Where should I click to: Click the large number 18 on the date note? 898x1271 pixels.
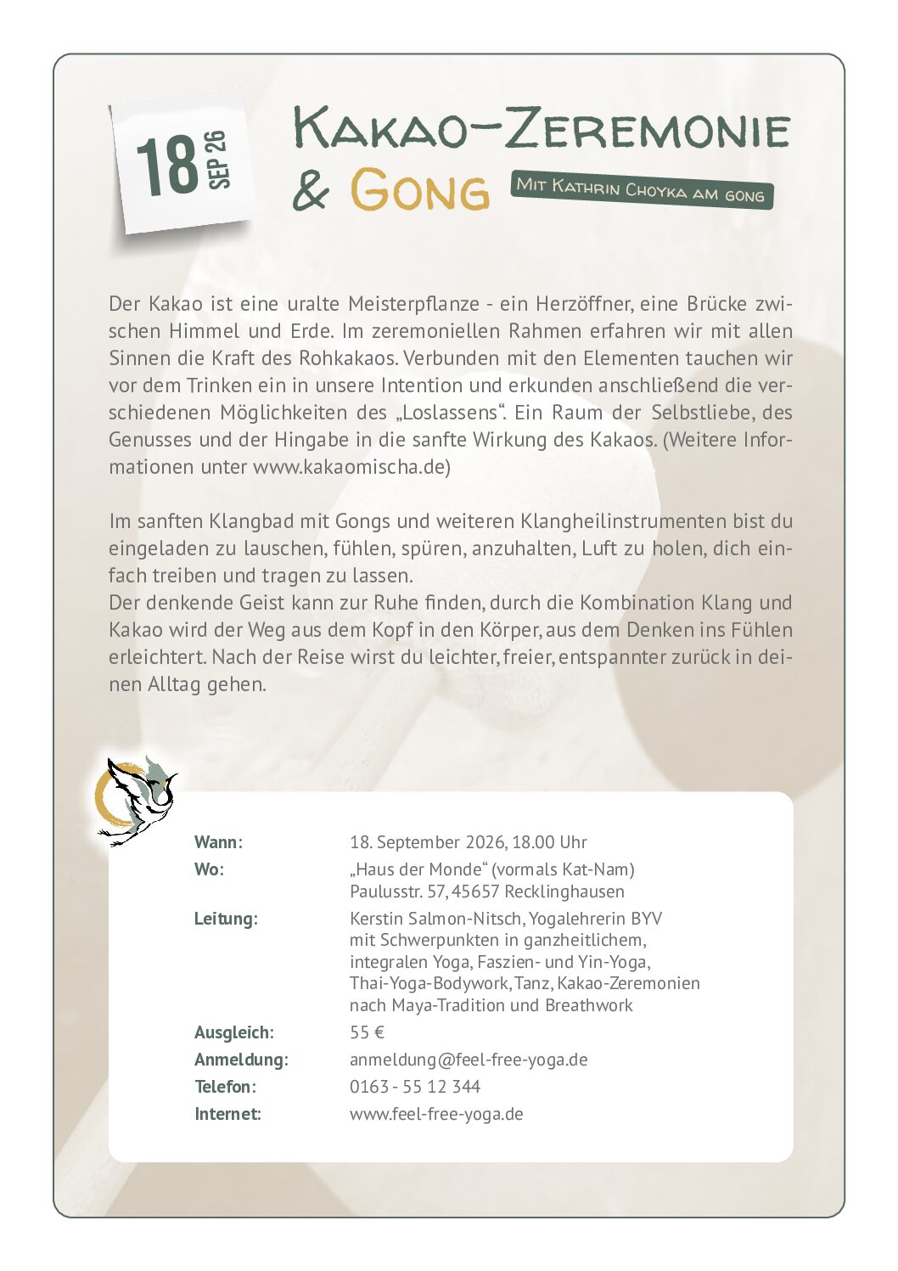pyautogui.click(x=167, y=166)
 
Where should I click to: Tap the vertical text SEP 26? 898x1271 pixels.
pyautogui.click(x=217, y=160)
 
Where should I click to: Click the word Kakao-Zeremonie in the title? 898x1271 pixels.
pyautogui.click(x=542, y=128)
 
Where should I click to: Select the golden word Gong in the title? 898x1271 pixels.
pyautogui.click(x=420, y=189)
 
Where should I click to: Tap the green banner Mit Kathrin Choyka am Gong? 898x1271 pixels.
pyautogui.click(x=642, y=190)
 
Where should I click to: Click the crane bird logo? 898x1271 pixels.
pyautogui.click(x=136, y=801)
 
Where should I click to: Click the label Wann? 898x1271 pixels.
pyautogui.click(x=218, y=842)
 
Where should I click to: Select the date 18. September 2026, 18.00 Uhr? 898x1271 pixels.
pyautogui.click(x=468, y=842)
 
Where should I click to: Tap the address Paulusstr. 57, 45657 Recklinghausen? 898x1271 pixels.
pyautogui.click(x=486, y=891)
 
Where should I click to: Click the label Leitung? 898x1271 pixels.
pyautogui.click(x=226, y=919)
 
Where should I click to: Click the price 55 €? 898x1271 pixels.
pyautogui.click(x=367, y=1032)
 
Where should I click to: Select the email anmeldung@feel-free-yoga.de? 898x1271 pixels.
pyautogui.click(x=469, y=1060)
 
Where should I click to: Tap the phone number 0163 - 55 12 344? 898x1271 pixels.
pyautogui.click(x=414, y=1087)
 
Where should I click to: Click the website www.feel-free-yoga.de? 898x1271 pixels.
pyautogui.click(x=436, y=1114)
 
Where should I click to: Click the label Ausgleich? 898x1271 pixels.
pyautogui.click(x=233, y=1032)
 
